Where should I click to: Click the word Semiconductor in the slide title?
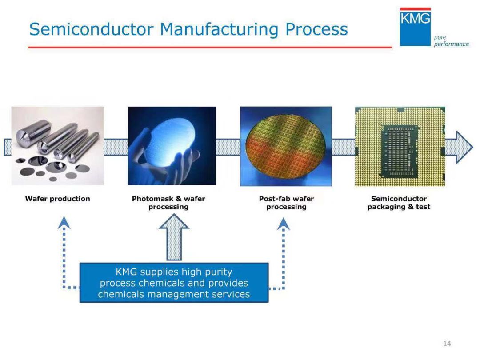[x=92, y=29]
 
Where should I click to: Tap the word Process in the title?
[x=316, y=29]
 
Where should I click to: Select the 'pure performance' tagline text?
[x=451, y=41]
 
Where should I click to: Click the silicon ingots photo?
[x=57, y=145]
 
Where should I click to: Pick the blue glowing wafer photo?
[x=172, y=145]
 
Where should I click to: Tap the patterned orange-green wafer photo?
[x=286, y=146]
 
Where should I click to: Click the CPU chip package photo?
[x=400, y=146]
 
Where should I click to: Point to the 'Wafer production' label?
[x=57, y=199]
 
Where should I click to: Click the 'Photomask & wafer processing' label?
[x=168, y=203]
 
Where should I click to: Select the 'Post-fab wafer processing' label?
[x=286, y=203]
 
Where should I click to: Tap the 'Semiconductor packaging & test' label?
[x=399, y=203]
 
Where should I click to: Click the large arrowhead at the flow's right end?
[x=460, y=147]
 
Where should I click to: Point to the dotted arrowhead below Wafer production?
[x=64, y=223]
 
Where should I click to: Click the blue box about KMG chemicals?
[x=174, y=283]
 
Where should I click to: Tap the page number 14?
[x=447, y=343]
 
